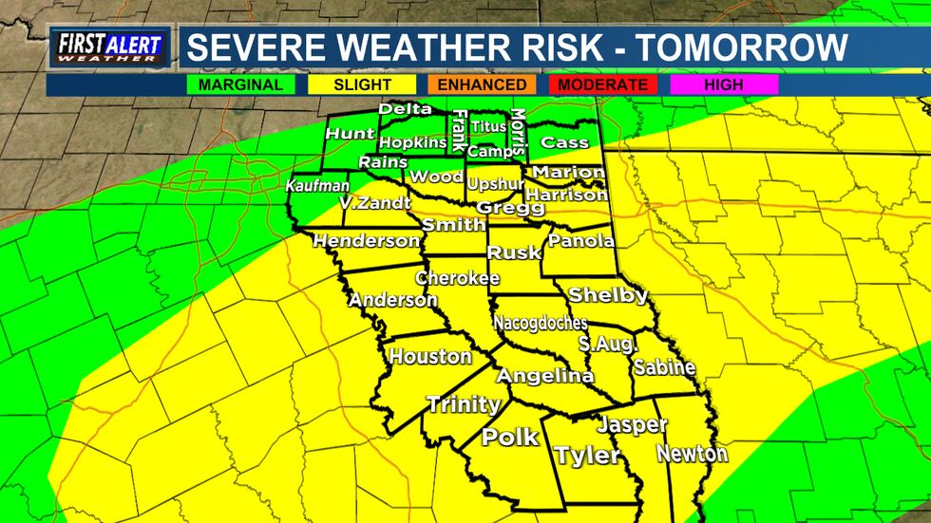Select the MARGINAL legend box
[241, 84]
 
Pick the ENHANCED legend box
[481, 84]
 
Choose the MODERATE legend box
[603, 84]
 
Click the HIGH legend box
[724, 84]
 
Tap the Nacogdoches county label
[541, 323]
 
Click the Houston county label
[430, 357]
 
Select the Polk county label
[510, 438]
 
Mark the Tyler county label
[587, 456]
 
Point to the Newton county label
[692, 453]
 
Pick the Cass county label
[560, 142]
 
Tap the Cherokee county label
[457, 278]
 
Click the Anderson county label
[393, 300]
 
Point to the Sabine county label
[664, 367]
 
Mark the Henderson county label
[366, 241]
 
